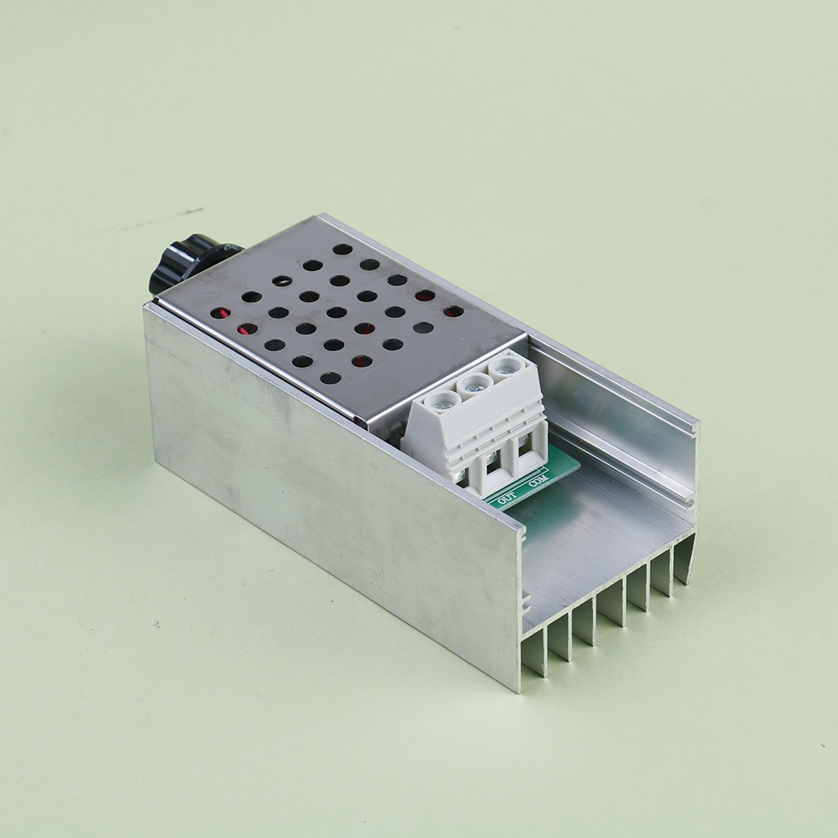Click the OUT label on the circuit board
coord(507,498)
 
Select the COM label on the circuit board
coord(539,480)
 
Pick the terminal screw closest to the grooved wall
coord(503,367)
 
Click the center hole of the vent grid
coord(336,312)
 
